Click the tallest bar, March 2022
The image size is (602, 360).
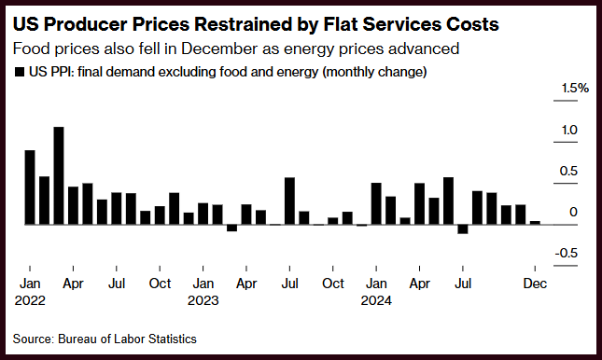59,175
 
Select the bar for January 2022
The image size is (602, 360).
30,187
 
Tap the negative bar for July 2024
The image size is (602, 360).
463,229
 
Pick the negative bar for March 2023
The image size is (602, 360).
231,228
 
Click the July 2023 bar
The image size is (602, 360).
290,201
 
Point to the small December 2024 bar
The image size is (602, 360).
535,223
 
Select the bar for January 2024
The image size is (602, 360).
376,204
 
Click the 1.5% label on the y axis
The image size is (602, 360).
575,89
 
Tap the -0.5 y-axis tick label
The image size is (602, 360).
566,254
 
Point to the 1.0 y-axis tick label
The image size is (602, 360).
569,131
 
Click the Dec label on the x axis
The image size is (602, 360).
535,284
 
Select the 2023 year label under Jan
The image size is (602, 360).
203,300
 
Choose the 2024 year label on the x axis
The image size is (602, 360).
376,300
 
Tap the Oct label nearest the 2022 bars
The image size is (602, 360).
160,284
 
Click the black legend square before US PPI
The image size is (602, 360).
20,72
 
